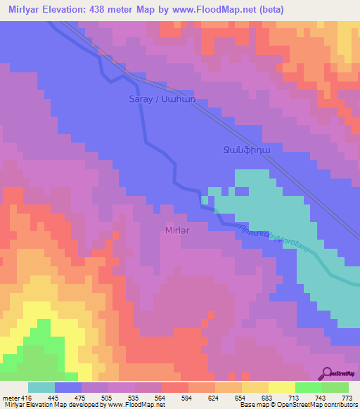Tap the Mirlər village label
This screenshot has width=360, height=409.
[176, 229]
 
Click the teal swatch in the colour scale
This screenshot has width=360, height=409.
[41, 387]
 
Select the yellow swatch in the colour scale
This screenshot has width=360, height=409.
[281, 387]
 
